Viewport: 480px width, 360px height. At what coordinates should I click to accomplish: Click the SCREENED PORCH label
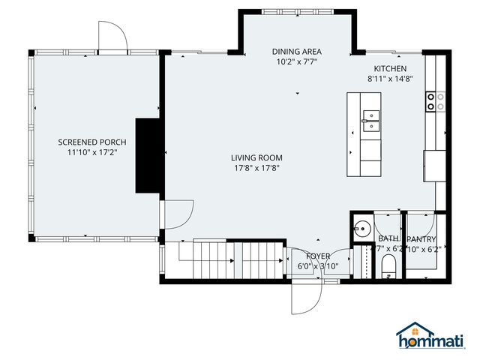92,142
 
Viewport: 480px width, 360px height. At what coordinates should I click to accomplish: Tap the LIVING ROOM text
256,157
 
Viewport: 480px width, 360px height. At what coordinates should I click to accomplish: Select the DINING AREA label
295,52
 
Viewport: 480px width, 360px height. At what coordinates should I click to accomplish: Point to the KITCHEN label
390,68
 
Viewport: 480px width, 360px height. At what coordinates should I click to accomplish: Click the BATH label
388,238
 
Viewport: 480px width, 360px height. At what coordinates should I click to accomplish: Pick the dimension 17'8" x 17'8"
256,168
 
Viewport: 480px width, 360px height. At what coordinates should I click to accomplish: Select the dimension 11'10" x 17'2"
92,152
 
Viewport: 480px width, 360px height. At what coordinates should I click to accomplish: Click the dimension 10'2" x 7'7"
295,62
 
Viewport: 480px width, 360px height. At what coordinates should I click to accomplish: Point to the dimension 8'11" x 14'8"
390,78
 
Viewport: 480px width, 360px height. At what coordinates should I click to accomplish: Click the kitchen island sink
370,121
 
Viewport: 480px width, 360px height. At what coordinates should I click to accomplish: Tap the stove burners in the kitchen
436,101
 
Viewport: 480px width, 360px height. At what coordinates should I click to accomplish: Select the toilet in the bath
388,265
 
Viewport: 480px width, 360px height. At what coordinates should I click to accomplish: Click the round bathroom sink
362,228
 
